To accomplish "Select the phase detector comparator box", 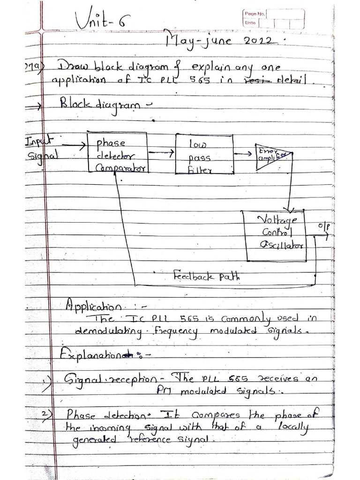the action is [x=117, y=152].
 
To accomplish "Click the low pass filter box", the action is [x=203, y=153].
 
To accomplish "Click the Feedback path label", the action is [x=206, y=276].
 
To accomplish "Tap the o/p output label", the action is [x=323, y=226].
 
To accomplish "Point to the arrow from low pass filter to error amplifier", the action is [x=243, y=153].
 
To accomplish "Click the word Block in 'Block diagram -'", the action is [x=75, y=105].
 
